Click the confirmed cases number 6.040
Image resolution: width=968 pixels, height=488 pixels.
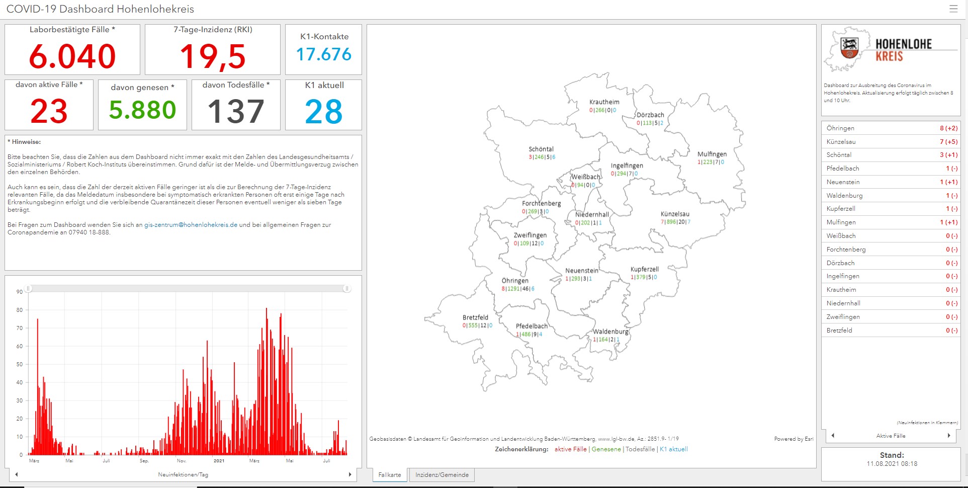pyautogui.click(x=72, y=56)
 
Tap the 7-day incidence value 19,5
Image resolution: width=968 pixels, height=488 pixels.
pyautogui.click(x=213, y=56)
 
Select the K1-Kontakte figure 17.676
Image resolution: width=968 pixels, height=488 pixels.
pyautogui.click(x=324, y=54)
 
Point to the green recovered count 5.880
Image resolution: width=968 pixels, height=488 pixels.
pyautogui.click(x=142, y=110)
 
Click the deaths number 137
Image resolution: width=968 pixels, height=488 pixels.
pyautogui.click(x=235, y=111)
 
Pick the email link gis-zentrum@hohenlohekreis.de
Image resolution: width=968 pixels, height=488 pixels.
pyautogui.click(x=191, y=225)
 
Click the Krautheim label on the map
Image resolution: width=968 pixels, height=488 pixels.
pyautogui.click(x=604, y=102)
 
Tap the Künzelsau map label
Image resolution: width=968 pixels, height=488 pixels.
pyautogui.click(x=675, y=214)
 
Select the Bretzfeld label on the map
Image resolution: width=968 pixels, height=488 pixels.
pyautogui.click(x=475, y=317)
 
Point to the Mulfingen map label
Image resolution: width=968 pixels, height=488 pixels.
pyautogui.click(x=712, y=154)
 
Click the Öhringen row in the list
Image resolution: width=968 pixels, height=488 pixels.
pyautogui.click(x=891, y=128)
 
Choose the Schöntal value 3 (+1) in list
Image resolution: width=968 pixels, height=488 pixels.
pyautogui.click(x=948, y=155)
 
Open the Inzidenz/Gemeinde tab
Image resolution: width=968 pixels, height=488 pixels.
pyautogui.click(x=442, y=475)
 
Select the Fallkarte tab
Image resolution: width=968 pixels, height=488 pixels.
pyautogui.click(x=390, y=475)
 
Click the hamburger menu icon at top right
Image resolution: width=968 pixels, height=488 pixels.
pyautogui.click(x=953, y=9)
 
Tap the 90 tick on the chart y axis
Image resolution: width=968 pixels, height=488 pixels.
pyautogui.click(x=20, y=292)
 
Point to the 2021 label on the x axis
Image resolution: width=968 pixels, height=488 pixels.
pyautogui.click(x=219, y=461)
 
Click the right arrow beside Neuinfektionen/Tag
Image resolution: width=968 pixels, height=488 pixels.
pyautogui.click(x=350, y=474)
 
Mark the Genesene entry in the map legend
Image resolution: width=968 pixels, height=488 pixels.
pyautogui.click(x=606, y=449)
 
